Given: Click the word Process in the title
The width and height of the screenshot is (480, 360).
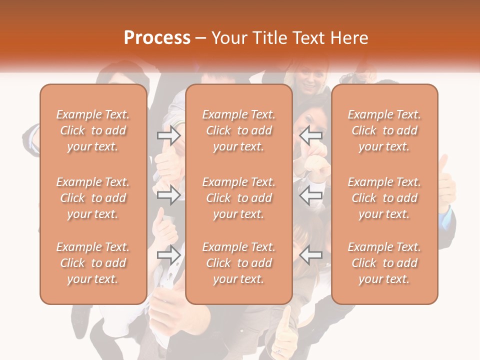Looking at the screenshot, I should (157, 37).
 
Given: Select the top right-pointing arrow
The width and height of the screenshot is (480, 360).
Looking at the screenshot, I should (168, 135).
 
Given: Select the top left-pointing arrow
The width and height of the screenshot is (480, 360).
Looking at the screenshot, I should (311, 135).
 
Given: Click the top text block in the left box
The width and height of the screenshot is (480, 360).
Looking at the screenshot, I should (93, 130).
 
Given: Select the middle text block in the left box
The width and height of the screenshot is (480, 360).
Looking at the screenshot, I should (93, 198).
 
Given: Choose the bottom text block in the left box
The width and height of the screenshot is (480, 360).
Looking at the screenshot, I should (93, 263).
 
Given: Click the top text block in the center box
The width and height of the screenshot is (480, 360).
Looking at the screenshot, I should (238, 130).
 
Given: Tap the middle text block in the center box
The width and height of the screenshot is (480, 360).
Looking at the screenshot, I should (238, 198).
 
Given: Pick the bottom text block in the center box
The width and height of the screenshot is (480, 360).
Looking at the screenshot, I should (238, 263).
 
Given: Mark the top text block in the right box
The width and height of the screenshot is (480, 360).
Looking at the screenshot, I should (384, 130).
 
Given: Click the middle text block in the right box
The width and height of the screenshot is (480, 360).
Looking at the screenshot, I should (384, 198).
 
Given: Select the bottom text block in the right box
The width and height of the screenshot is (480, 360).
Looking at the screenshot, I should (384, 263).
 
